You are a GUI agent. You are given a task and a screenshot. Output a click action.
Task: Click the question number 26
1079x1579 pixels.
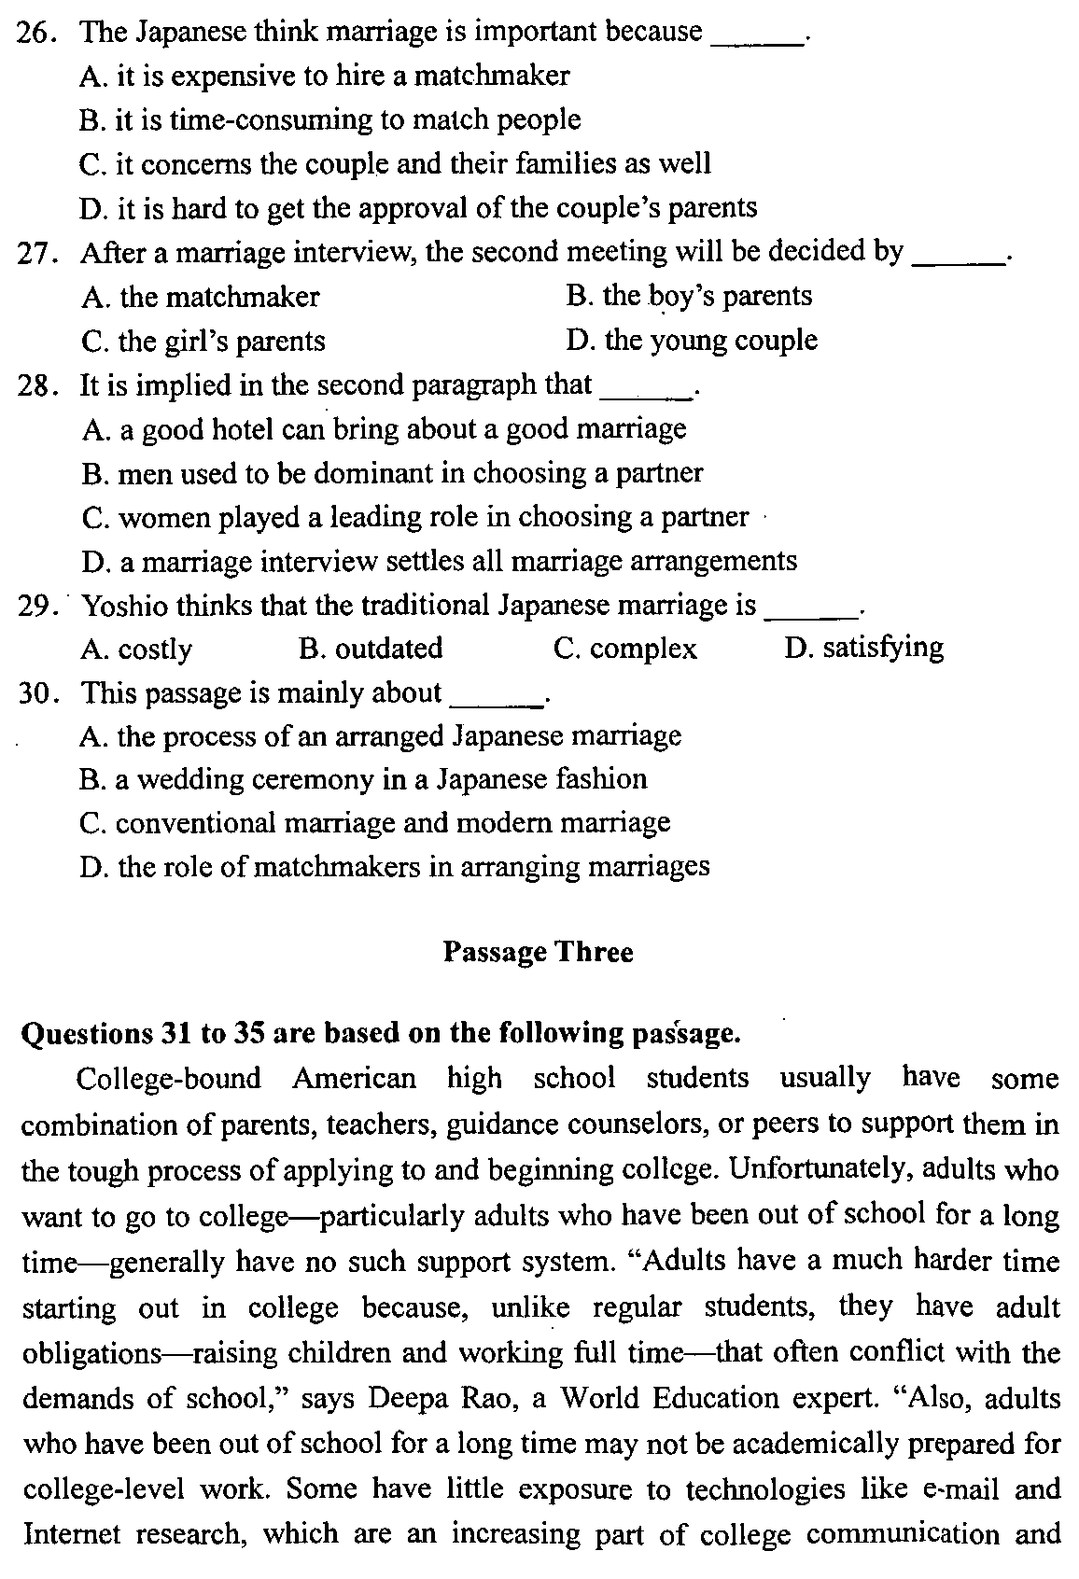pos(34,33)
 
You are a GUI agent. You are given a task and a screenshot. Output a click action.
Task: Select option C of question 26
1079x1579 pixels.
pos(395,164)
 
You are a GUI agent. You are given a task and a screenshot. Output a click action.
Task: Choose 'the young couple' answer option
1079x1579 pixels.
pos(692,341)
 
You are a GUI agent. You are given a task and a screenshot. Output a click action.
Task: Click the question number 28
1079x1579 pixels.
pos(34,385)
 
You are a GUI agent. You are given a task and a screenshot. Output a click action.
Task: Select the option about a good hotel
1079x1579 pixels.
pos(384,429)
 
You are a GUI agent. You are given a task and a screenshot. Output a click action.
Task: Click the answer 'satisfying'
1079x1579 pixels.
pos(864,648)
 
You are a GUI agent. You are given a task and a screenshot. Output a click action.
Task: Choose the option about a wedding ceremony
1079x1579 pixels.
pos(363,780)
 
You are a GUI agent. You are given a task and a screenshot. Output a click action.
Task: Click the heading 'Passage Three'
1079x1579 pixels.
pos(538,953)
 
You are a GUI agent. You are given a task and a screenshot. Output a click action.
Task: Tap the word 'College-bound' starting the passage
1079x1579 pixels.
pos(168,1080)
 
